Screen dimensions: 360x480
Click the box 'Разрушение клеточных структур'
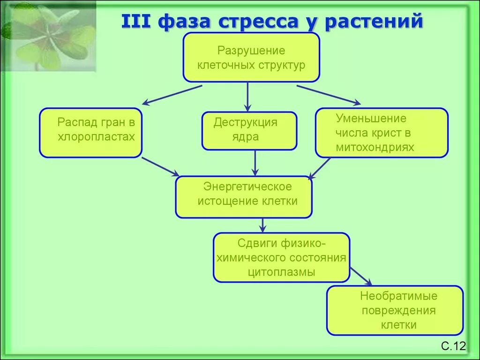point(251,57)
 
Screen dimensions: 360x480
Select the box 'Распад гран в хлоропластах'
point(90,133)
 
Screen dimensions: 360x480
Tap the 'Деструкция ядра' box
point(249,130)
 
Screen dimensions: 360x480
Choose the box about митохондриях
point(381,133)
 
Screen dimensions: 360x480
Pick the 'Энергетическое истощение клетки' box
point(243,197)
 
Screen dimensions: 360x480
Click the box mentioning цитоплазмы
point(281,257)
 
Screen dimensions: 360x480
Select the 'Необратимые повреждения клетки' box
point(394,310)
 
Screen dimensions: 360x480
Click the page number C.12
point(453,346)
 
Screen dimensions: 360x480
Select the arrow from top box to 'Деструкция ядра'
point(248,97)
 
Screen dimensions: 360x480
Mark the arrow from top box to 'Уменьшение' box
point(329,94)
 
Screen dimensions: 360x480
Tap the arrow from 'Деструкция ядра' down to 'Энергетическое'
point(255,163)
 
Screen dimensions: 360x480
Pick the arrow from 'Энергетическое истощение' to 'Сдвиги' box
point(263,225)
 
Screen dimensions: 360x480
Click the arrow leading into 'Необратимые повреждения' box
point(361,276)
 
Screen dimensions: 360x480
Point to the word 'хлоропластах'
point(96,137)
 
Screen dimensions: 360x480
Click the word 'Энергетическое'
point(247,187)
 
